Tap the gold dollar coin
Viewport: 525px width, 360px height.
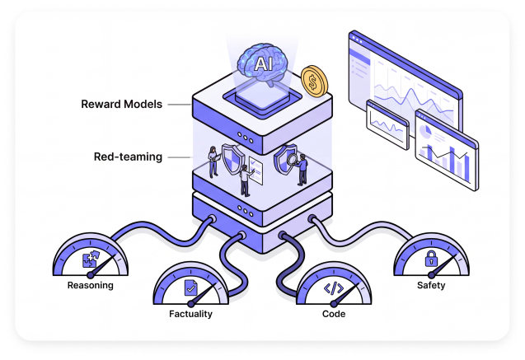pos(314,81)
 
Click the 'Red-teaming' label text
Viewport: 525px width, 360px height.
pos(129,157)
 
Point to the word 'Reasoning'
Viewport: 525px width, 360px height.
pos(90,287)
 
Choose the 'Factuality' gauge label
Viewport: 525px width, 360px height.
pos(190,314)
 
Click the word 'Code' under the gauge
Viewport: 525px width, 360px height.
pos(333,314)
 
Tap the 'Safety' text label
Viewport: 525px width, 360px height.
pos(430,286)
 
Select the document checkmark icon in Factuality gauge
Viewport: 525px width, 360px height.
pos(190,288)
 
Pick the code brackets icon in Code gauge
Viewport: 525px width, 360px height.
pos(332,288)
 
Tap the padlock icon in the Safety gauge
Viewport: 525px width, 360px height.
pos(430,259)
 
